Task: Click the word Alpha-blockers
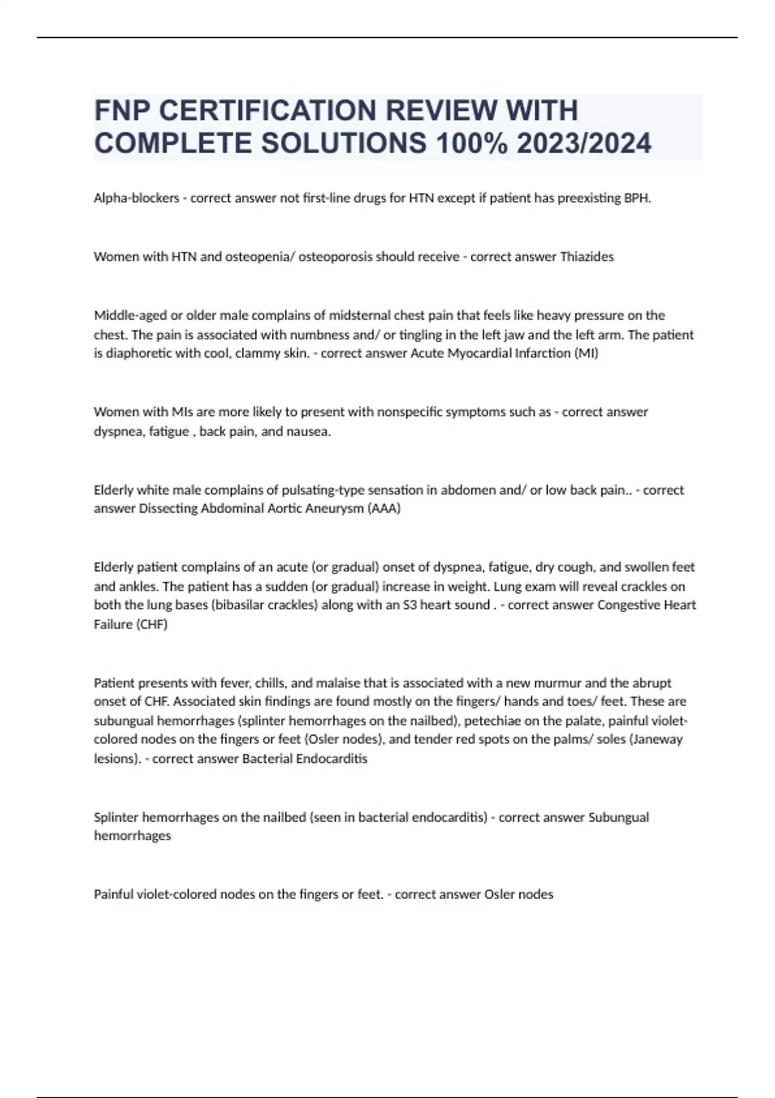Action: pyautogui.click(x=136, y=198)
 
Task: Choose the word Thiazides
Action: pyautogui.click(x=586, y=256)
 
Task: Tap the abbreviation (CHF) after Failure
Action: pyautogui.click(x=152, y=624)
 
